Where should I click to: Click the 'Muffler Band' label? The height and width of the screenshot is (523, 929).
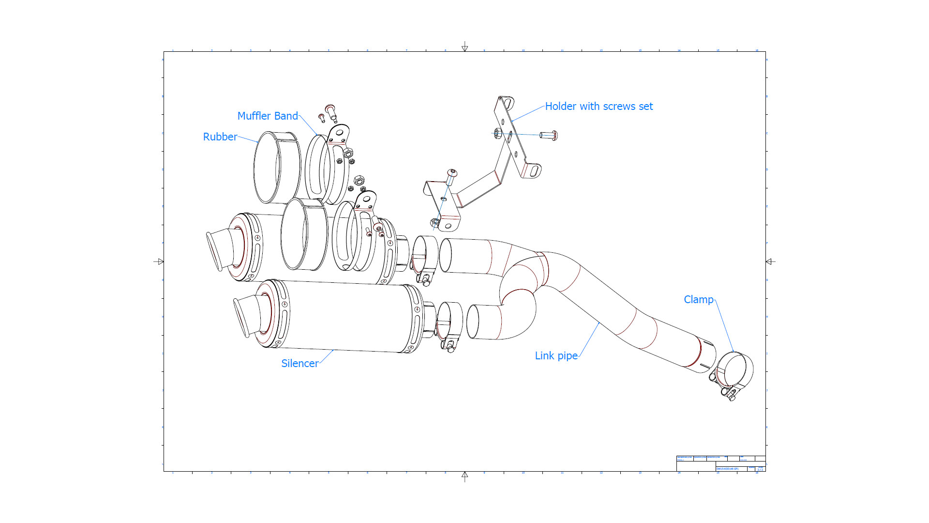coord(268,116)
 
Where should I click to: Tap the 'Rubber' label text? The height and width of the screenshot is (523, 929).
coord(220,137)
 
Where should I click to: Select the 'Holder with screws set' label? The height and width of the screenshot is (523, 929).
coord(599,107)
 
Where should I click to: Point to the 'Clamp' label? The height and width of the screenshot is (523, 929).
coord(698,300)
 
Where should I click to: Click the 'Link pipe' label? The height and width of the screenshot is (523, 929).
coord(556,356)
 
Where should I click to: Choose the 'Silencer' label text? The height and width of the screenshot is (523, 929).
coord(300,364)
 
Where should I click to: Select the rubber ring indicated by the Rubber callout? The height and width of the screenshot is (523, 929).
coord(267,168)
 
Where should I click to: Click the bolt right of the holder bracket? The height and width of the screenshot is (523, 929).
coord(549,135)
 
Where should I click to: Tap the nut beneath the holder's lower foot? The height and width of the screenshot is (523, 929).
coord(435,223)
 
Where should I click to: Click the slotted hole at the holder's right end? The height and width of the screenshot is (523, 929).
coord(534,171)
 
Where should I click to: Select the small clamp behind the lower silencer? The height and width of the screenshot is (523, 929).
coord(450,324)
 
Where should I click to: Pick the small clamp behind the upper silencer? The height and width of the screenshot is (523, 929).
coord(424,259)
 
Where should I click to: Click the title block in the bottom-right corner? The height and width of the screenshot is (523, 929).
coord(720,463)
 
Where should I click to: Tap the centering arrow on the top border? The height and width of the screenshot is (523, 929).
coord(464,47)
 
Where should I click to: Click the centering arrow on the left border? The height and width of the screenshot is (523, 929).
coord(159,261)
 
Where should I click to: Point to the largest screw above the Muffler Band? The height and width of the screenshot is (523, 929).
coord(330,111)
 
